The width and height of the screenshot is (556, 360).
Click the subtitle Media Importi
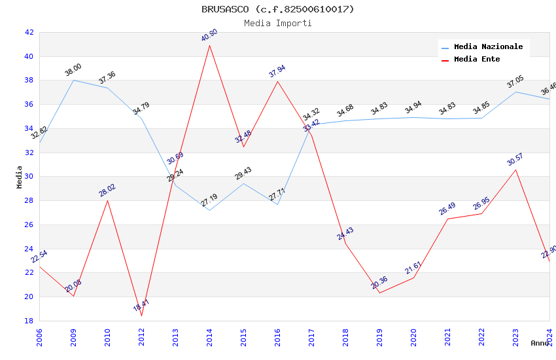[277, 23]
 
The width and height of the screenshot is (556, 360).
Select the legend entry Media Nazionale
[488, 47]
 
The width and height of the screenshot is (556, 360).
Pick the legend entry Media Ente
[476, 60]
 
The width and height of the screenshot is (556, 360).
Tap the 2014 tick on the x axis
[209, 334]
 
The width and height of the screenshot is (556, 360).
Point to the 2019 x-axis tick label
[379, 334]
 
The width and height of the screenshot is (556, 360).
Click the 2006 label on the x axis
[39, 334]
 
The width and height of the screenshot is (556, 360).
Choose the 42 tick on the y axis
[29, 32]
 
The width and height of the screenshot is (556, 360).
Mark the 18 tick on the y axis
[29, 321]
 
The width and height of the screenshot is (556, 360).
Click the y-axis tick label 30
[29, 177]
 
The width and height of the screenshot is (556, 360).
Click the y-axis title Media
[19, 177]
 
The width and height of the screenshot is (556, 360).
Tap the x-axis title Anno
[540, 343]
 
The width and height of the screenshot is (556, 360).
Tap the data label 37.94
[277, 71]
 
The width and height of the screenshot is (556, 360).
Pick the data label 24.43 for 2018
[345, 234]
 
